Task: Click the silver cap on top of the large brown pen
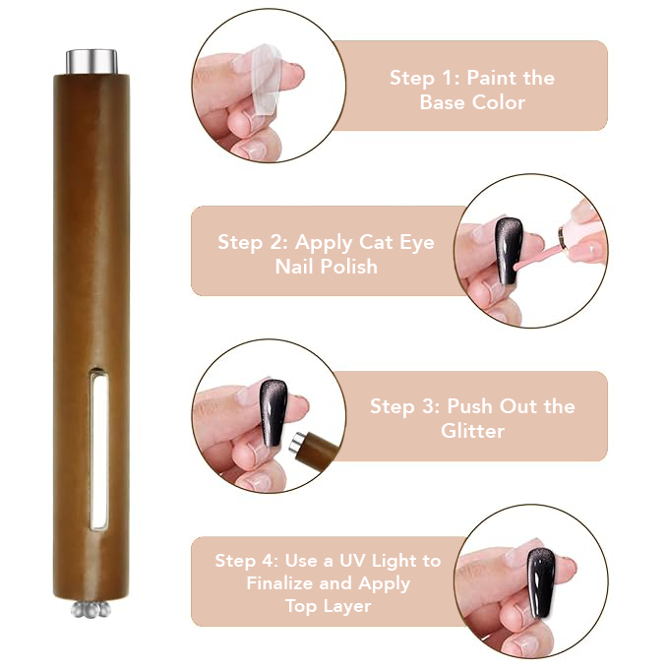[x=91, y=62]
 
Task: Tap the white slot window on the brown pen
[x=98, y=451]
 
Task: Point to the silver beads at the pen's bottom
[x=91, y=609]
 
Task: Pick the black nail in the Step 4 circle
[x=541, y=582]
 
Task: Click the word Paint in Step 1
[x=493, y=78]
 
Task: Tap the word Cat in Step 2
[x=376, y=242]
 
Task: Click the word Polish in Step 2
[x=349, y=267]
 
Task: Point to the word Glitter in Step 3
[x=472, y=431]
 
